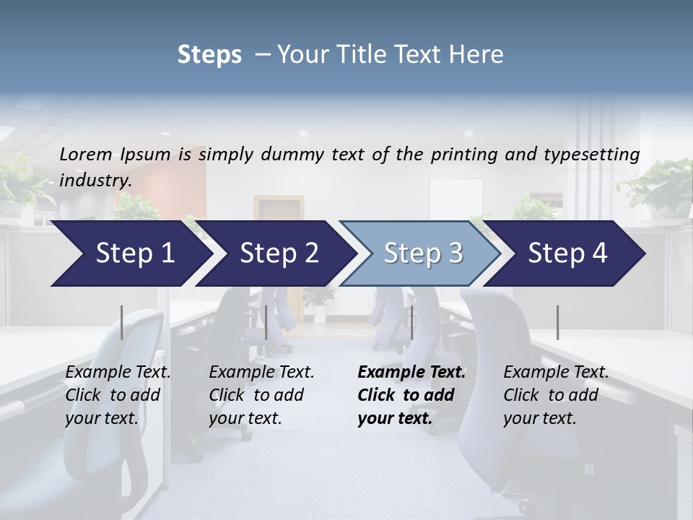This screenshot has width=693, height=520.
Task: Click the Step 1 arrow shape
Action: coord(134,253)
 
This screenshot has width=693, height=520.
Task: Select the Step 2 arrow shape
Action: coord(279,253)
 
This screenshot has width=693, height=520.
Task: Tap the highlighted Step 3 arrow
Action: coord(422,253)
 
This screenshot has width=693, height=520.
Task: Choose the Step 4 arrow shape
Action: coord(567,253)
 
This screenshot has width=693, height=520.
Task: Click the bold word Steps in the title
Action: coord(209,55)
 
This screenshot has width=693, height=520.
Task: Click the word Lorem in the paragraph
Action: coord(86,154)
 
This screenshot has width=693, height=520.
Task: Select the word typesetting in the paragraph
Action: coord(598,154)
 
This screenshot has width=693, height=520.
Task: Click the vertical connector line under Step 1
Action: coord(122,322)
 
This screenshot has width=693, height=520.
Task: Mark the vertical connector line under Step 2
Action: coord(266,322)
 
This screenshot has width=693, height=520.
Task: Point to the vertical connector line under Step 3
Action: coord(411,322)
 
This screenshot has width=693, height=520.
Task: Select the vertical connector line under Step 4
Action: coord(557,322)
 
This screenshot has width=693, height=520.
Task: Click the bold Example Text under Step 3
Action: coord(411,373)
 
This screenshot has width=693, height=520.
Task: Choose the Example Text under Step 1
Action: coord(118,373)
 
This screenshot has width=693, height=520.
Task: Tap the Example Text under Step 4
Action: coord(556,373)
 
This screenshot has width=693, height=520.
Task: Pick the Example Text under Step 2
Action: coord(261,373)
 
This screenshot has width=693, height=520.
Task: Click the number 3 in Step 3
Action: coord(455,253)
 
